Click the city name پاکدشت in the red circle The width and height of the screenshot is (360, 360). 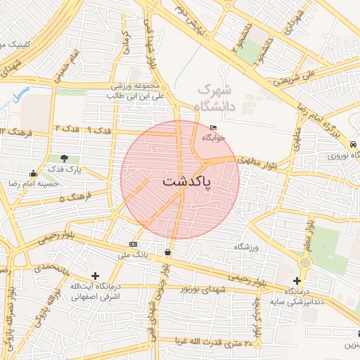(180, 181)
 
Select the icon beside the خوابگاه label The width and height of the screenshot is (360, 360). (214, 128)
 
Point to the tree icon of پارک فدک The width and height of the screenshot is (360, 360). (65, 159)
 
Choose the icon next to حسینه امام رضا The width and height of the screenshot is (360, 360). (33, 173)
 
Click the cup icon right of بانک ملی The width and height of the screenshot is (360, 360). (167, 251)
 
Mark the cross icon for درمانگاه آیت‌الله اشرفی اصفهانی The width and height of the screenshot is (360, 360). (96, 276)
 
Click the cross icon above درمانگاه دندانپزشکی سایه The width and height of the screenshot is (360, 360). (297, 281)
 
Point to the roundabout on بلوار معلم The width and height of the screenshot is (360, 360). (304, 262)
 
